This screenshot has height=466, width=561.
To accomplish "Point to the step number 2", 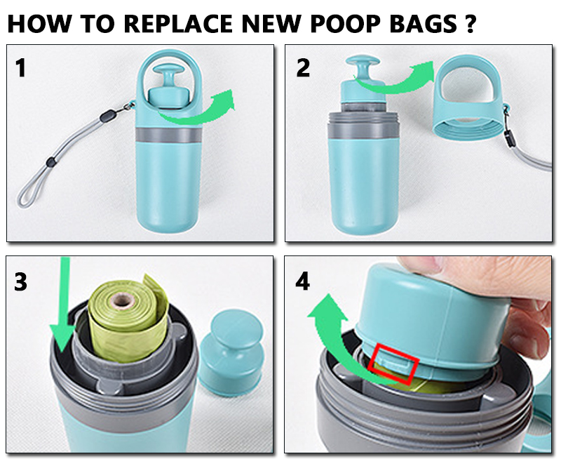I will (304, 68).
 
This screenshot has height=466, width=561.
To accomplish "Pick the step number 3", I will (22, 282).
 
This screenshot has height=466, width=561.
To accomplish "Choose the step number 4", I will (304, 282).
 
